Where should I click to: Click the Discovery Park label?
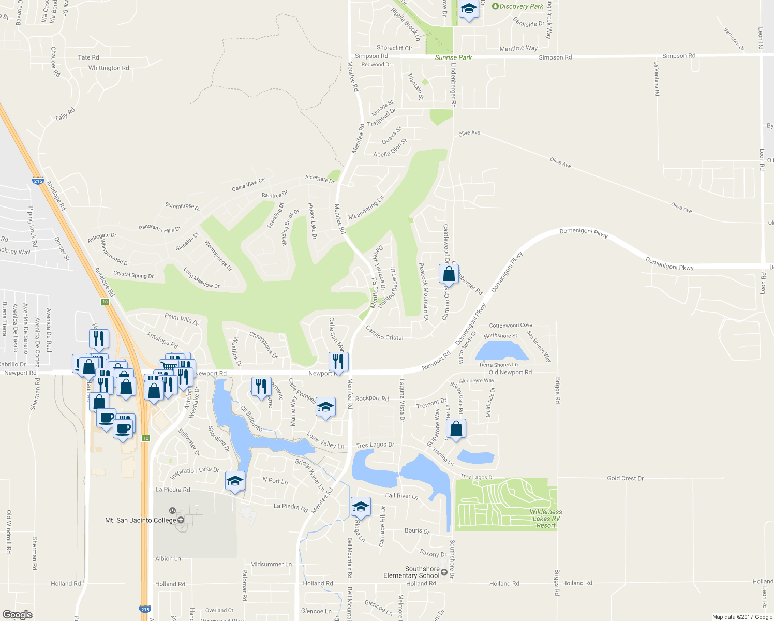(521, 6)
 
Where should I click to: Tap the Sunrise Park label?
(453, 57)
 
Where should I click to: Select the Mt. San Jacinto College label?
(141, 520)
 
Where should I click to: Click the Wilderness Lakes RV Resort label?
(546, 519)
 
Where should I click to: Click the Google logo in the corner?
(17, 615)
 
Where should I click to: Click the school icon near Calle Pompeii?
(325, 407)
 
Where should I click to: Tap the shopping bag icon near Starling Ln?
(456, 428)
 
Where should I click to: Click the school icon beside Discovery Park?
(469, 9)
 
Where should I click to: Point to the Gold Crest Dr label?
(625, 478)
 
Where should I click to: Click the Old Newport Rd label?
(510, 372)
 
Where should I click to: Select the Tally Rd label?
(65, 114)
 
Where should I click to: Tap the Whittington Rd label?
(109, 68)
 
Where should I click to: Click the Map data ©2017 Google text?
(742, 617)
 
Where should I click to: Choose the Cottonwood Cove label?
(511, 326)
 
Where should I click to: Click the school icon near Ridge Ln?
(360, 507)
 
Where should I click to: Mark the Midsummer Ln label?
(271, 564)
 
